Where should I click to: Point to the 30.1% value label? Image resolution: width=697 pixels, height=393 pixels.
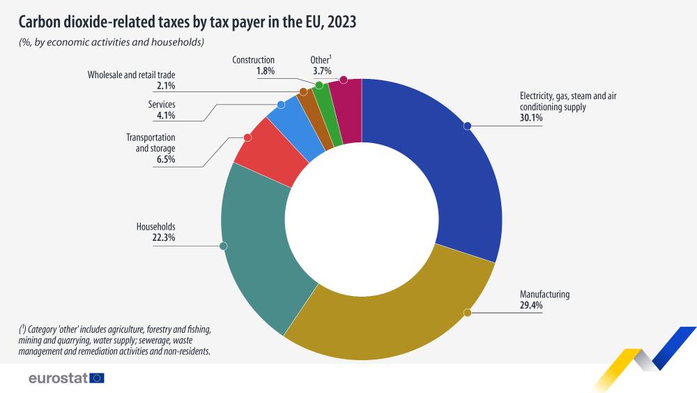pos(530,118)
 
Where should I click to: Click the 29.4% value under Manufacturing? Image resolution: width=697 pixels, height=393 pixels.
pos(531,305)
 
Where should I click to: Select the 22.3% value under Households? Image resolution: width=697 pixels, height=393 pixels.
pos(164,237)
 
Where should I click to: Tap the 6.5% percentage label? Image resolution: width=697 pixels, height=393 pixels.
pos(165,159)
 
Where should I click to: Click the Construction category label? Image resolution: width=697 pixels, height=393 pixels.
pos(253,61)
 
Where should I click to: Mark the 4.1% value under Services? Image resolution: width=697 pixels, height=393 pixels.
pos(165,115)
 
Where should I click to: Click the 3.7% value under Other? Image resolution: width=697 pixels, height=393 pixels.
pos(321,71)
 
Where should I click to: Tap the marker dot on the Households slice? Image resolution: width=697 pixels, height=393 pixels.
pos(223,246)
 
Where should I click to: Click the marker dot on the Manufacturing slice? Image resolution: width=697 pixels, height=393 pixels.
pos(467,313)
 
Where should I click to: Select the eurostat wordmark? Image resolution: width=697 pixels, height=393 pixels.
pos(56,378)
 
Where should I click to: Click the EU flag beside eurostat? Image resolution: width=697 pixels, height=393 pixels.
pos(97,378)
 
